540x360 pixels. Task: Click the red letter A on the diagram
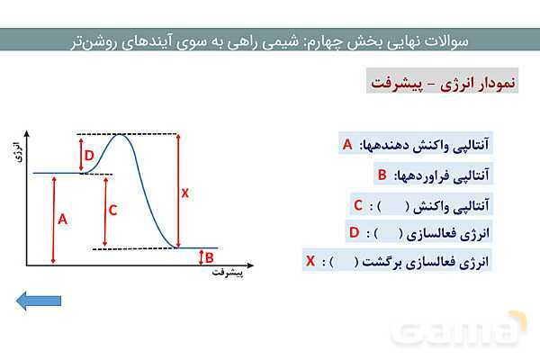pyautogui.click(x=62, y=219)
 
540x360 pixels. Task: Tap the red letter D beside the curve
pyautogui.click(x=89, y=156)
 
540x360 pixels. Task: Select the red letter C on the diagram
pyautogui.click(x=112, y=210)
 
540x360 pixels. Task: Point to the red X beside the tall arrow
pyautogui.click(x=185, y=193)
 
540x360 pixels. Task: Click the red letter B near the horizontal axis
pyautogui.click(x=209, y=257)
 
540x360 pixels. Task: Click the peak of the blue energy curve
pyautogui.click(x=120, y=134)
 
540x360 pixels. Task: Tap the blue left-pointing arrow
pyautogui.click(x=39, y=301)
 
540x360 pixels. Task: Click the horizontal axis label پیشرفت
pyautogui.click(x=228, y=273)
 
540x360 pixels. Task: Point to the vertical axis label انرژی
pyautogui.click(x=20, y=151)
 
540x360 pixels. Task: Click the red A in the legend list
pyautogui.click(x=347, y=144)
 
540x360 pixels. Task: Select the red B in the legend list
pyautogui.click(x=382, y=175)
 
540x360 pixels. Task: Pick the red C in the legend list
pyautogui.click(x=358, y=205)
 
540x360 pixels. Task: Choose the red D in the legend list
pyautogui.click(x=354, y=232)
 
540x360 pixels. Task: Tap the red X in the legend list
pyautogui.click(x=310, y=261)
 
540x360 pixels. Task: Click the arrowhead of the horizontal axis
pyautogui.click(x=250, y=265)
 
